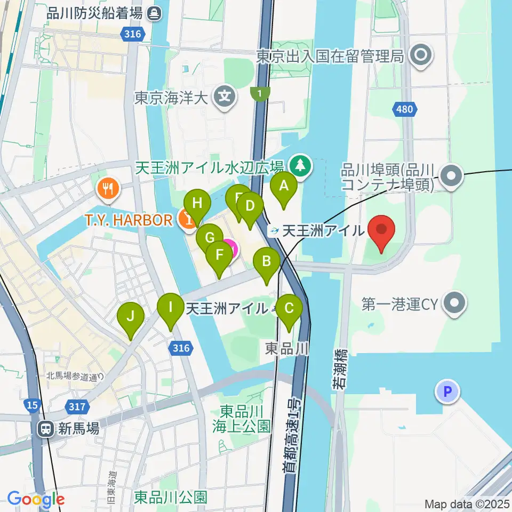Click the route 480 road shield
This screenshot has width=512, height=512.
pos(405,109)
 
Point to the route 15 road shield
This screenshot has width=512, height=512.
pos(33,405)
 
